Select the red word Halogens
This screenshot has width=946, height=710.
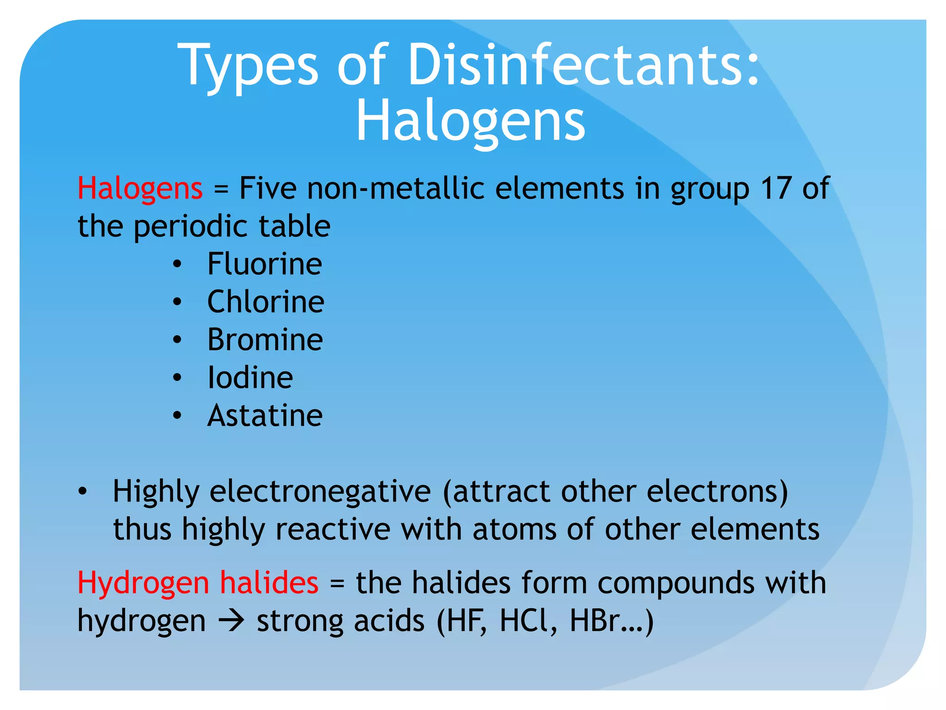coord(140,189)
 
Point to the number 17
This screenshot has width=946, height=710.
coord(776,188)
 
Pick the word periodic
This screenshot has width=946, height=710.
coord(190,226)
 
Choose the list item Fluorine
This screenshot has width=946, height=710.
coord(265,264)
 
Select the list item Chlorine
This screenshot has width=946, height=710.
coord(266,302)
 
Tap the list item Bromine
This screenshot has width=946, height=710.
coord(265,340)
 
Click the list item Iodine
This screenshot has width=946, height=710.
coord(250,378)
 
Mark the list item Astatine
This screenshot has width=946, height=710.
coord(265,416)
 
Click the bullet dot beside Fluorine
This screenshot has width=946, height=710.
coord(177,265)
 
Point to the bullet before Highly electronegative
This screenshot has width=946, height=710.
coord(82,492)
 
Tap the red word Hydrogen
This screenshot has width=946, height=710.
coord(143,583)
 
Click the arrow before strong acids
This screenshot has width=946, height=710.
coord(231,621)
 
